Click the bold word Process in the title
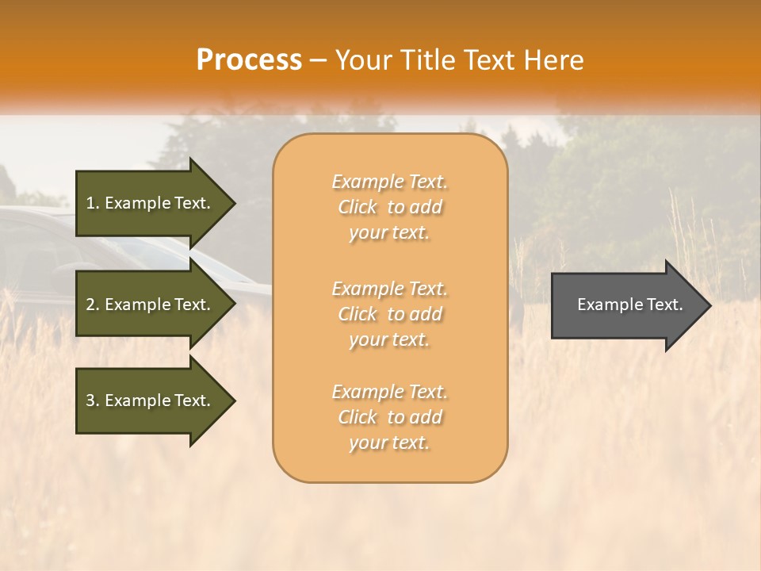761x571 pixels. pyautogui.click(x=249, y=60)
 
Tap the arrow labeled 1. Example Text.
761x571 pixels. pyautogui.click(x=151, y=203)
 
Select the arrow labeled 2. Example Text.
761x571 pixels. pyautogui.click(x=151, y=305)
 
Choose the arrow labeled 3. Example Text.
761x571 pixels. pyautogui.click(x=151, y=400)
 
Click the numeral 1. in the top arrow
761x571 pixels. pyautogui.click(x=92, y=203)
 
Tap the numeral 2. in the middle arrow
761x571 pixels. pyautogui.click(x=92, y=305)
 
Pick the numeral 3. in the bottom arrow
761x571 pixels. pyautogui.click(x=92, y=400)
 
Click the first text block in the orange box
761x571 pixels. pyautogui.click(x=390, y=207)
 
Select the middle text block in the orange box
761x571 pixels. pyautogui.click(x=390, y=314)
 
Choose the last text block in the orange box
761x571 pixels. pyautogui.click(x=390, y=417)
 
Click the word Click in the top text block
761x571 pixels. pyautogui.click(x=358, y=207)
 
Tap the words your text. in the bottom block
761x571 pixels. pyautogui.click(x=389, y=443)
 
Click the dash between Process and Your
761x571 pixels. pyautogui.click(x=319, y=61)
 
